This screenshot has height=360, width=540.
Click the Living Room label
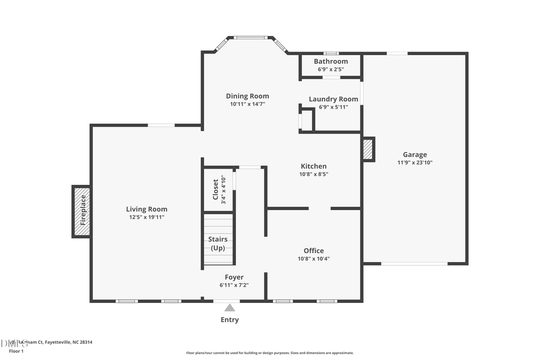(146, 209)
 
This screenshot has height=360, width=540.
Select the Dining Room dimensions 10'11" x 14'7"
(247, 104)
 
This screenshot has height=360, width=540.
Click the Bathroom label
(331, 61)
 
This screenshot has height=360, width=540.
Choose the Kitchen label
(313, 166)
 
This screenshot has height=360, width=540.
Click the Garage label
(415, 154)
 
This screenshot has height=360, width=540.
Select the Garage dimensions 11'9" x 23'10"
(415, 162)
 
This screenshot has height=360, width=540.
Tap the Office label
(313, 251)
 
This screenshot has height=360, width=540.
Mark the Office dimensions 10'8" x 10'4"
(313, 259)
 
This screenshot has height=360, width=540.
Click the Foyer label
(234, 277)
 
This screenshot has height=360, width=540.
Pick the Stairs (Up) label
(218, 243)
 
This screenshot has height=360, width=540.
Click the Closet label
(215, 189)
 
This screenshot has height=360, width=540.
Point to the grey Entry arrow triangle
(230, 308)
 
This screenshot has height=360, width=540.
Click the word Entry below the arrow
(230, 320)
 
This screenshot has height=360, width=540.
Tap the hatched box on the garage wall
(368, 149)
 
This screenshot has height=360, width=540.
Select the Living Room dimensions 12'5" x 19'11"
(146, 217)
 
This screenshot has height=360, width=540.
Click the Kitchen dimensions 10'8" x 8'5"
(313, 174)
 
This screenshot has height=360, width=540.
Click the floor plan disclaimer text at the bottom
(270, 353)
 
